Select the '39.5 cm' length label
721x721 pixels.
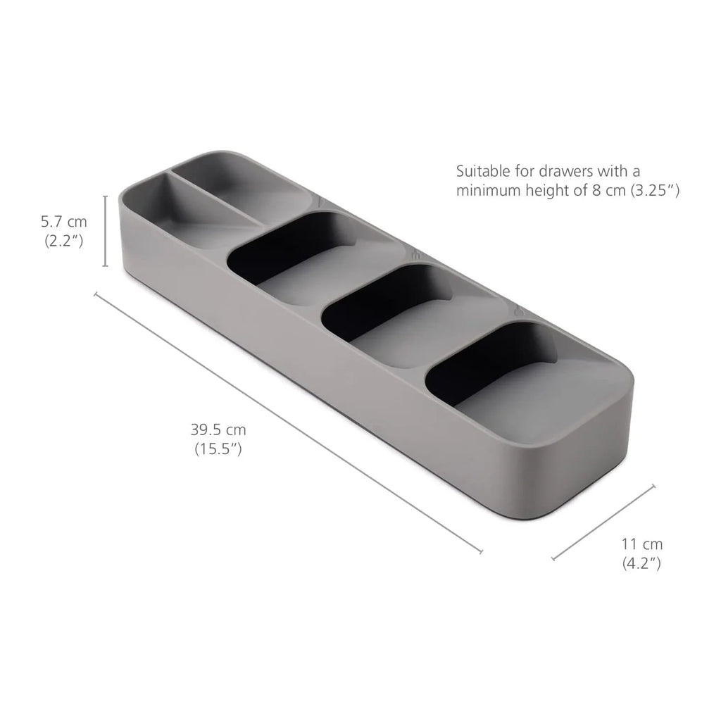point(218,430)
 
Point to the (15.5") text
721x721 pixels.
point(218,449)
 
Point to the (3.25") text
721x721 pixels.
point(656,190)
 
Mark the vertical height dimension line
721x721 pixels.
point(106,231)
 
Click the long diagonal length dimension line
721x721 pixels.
point(289,422)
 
